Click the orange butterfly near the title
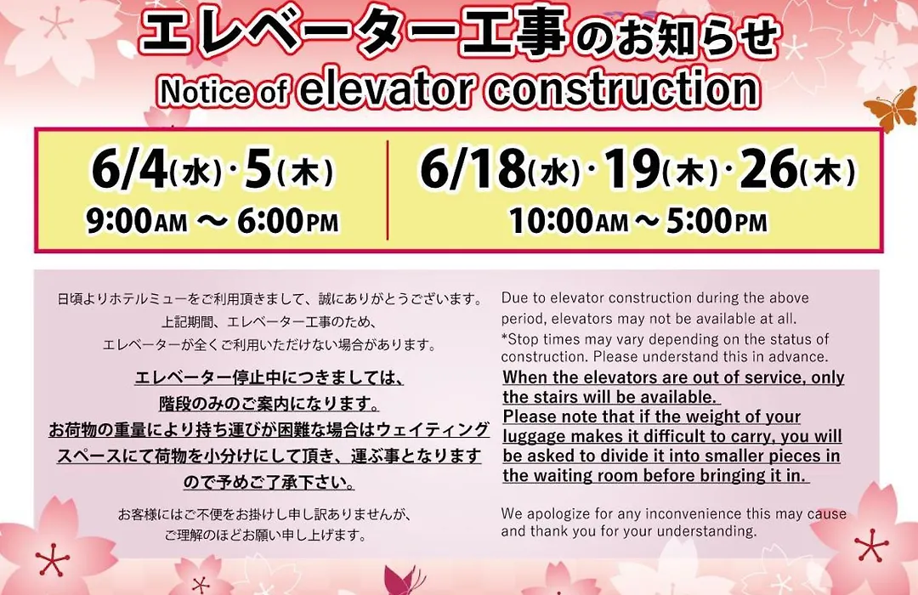891,109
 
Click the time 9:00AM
137,221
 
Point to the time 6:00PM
288,221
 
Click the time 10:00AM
569,221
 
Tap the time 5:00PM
716,221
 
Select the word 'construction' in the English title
622,89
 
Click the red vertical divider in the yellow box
388,190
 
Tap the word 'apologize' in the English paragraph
559,515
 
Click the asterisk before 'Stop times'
505,337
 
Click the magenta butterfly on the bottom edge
402,580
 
